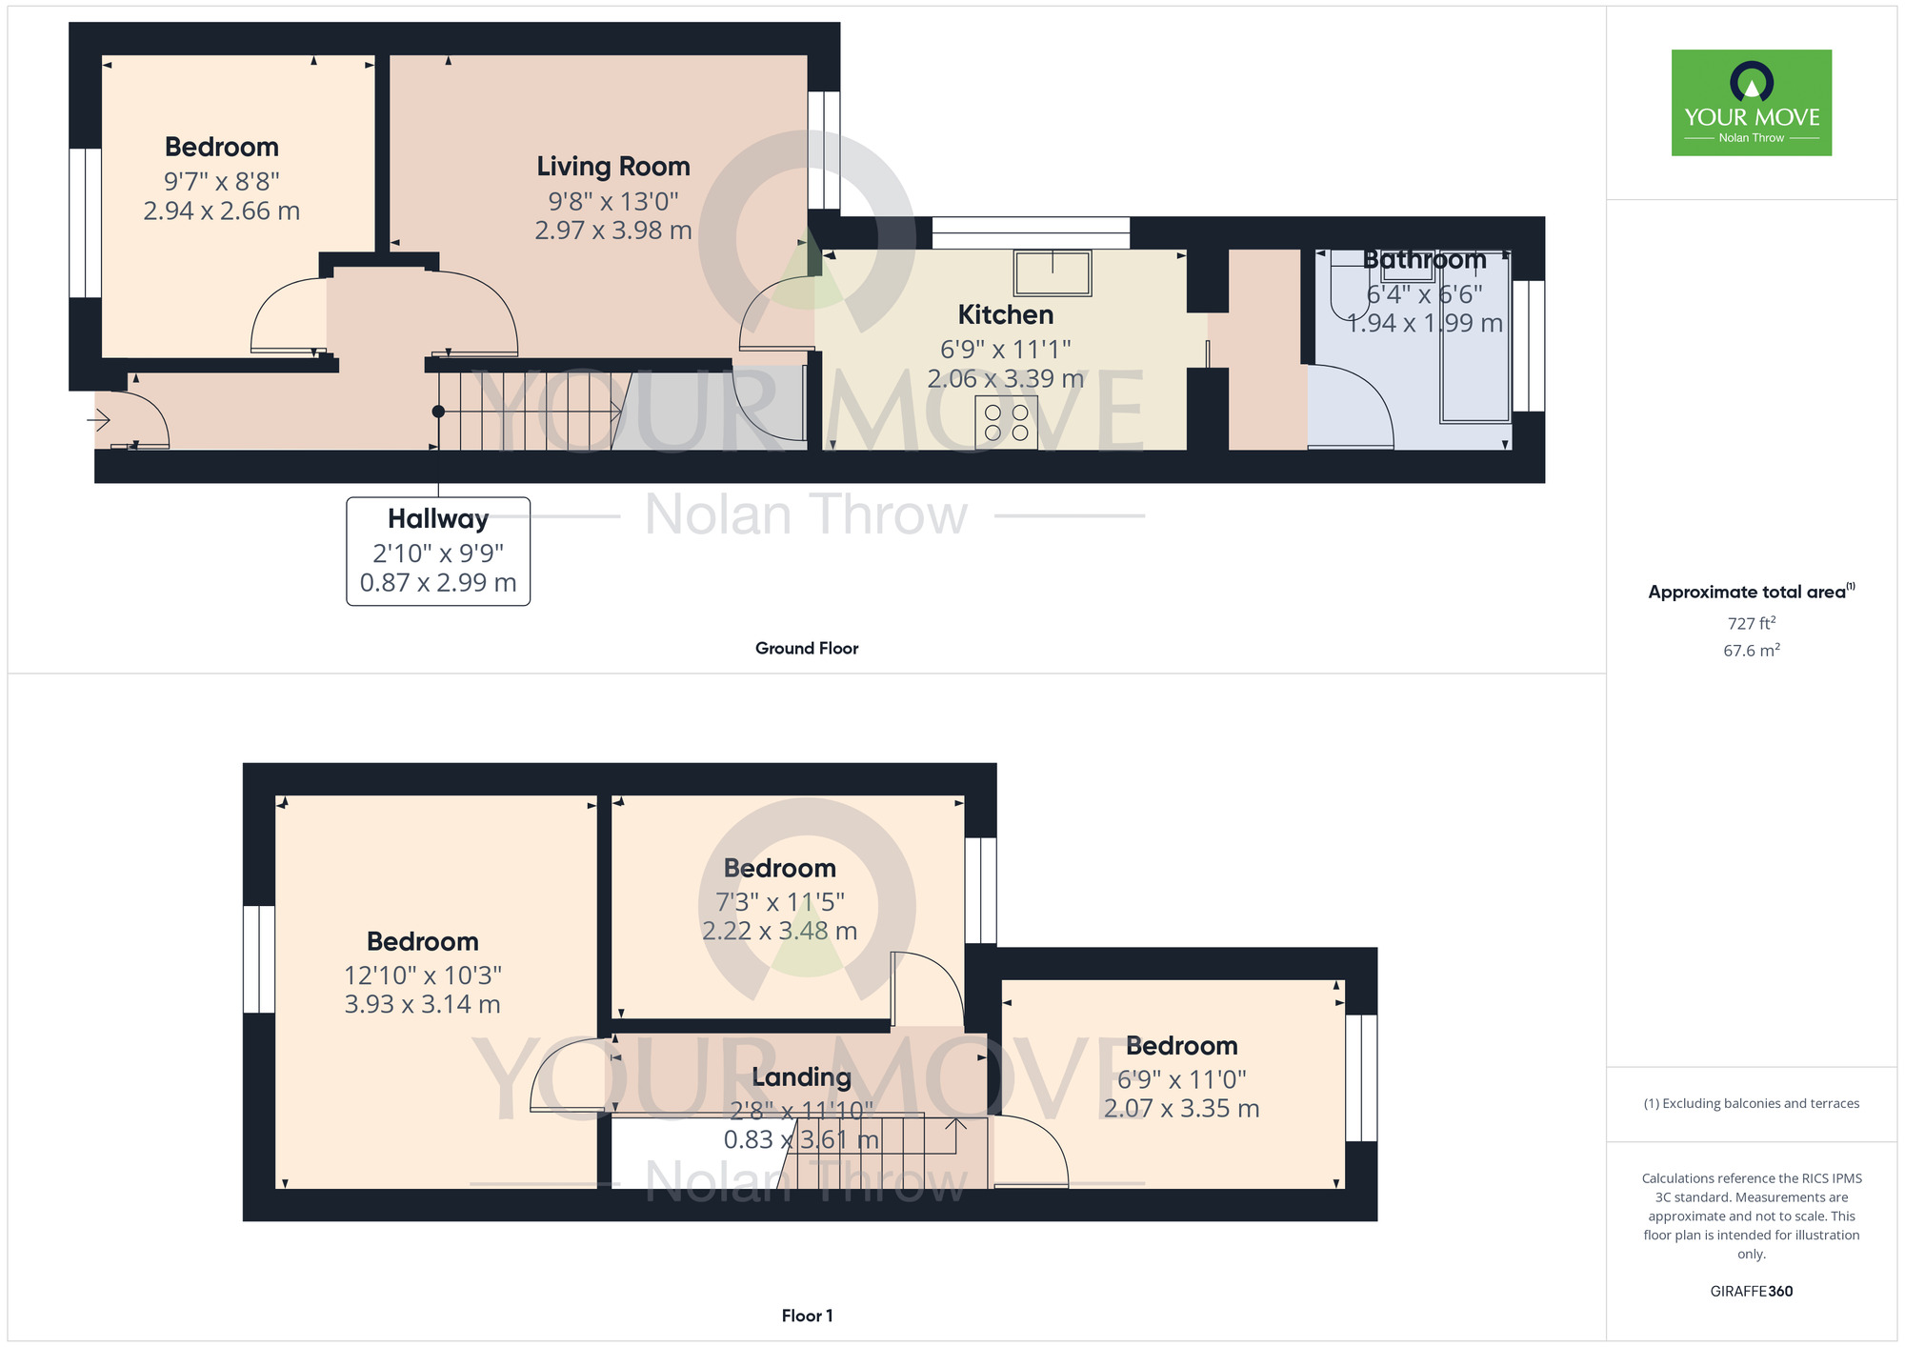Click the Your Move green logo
[1751, 103]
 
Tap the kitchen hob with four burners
[1006, 422]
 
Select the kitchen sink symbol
[1053, 272]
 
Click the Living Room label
[612, 167]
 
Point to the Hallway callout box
[438, 551]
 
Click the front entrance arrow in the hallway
[99, 419]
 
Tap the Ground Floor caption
[806, 648]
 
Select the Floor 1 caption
[807, 1316]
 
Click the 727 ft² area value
[1751, 623]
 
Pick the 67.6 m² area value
[1751, 651]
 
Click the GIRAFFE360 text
[1751, 1292]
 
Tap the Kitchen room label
[1005, 315]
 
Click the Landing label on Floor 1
[801, 1077]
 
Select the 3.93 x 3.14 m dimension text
[422, 1004]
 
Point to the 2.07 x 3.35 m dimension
[1181, 1109]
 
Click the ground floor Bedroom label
[221, 148]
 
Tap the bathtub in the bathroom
[1474, 352]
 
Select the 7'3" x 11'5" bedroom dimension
[779, 901]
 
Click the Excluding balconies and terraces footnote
[1751, 1103]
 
